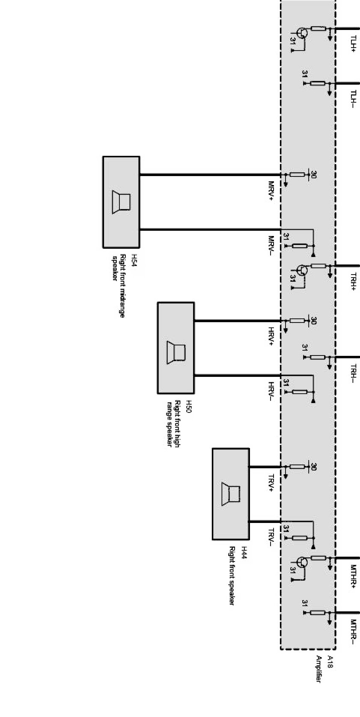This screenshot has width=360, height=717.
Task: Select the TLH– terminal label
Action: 353,99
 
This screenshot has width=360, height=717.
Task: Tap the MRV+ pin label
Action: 271,191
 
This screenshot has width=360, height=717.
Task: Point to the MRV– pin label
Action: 271,245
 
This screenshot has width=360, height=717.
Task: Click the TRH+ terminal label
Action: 353,282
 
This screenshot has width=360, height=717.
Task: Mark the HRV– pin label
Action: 271,391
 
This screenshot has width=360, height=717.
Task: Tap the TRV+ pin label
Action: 271,482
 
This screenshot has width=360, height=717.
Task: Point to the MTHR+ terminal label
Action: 353,576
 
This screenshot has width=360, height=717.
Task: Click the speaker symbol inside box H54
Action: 121,202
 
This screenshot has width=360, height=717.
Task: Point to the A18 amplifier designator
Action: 330,661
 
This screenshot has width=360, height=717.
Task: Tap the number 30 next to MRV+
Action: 313,175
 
